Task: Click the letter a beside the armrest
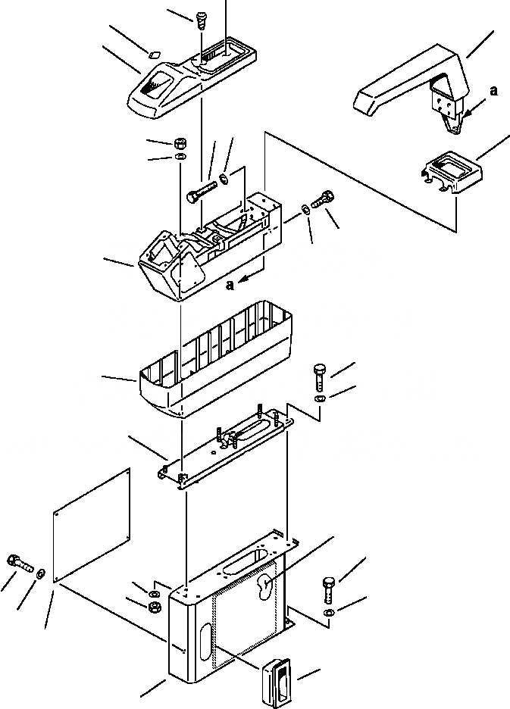point(494,91)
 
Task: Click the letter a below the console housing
point(229,284)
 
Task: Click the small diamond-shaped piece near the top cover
point(153,55)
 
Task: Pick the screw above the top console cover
point(202,20)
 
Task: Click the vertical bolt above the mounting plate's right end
point(318,375)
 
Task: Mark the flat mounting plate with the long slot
point(227,447)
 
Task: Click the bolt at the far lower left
point(19,563)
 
